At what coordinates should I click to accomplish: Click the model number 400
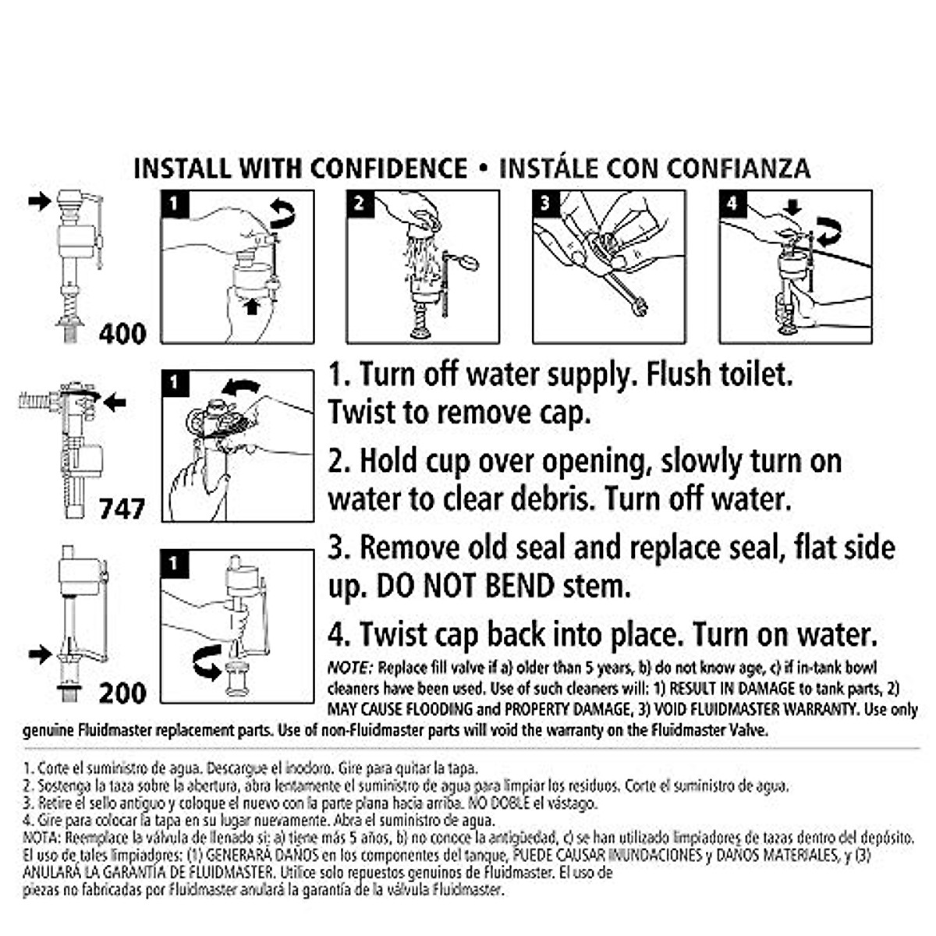[122, 334]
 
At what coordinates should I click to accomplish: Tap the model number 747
[122, 509]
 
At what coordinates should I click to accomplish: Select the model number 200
[122, 693]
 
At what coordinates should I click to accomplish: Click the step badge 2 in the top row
[359, 204]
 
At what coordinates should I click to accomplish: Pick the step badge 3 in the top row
[545, 204]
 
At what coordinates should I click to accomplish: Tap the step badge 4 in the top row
[732, 204]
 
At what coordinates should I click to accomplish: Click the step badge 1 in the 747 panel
[174, 383]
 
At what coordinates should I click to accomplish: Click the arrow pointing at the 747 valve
[115, 402]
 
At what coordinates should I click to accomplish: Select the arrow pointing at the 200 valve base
[39, 654]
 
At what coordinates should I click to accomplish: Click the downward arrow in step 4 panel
[792, 207]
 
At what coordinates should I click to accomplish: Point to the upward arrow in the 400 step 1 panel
[251, 307]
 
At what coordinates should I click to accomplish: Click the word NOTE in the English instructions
[350, 668]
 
